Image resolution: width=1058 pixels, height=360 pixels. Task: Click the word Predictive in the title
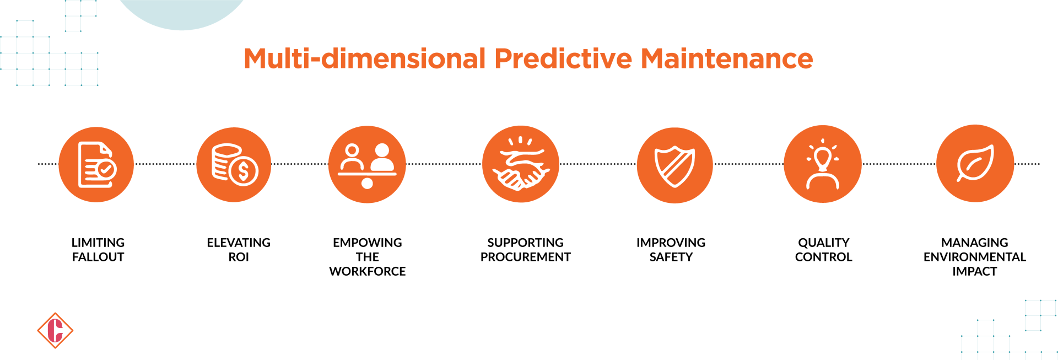pyautogui.click(x=563, y=58)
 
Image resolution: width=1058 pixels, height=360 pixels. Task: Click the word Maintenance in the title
pyautogui.click(x=726, y=58)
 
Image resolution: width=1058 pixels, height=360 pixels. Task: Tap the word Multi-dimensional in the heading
pyautogui.click(x=364, y=58)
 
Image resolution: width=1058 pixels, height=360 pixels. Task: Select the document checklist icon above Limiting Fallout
pyautogui.click(x=96, y=165)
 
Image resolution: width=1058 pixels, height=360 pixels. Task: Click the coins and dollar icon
pyautogui.click(x=234, y=165)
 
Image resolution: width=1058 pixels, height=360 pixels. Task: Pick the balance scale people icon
pyautogui.click(x=367, y=165)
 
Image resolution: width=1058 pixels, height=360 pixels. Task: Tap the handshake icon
pyautogui.click(x=521, y=165)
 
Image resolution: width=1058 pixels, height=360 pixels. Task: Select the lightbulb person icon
pyautogui.click(x=822, y=164)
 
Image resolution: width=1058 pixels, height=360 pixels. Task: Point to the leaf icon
pyautogui.click(x=975, y=163)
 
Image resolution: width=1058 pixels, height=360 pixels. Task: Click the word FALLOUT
pyautogui.click(x=98, y=257)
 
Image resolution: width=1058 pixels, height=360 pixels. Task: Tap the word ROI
pyautogui.click(x=239, y=257)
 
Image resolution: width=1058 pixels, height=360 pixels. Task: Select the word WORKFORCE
pyautogui.click(x=367, y=271)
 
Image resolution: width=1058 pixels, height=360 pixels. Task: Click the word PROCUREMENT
pyautogui.click(x=525, y=257)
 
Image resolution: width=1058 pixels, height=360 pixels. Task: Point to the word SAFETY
pyautogui.click(x=671, y=257)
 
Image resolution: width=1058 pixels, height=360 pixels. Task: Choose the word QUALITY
pyautogui.click(x=823, y=243)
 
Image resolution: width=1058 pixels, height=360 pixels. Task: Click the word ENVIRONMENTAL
pyautogui.click(x=974, y=257)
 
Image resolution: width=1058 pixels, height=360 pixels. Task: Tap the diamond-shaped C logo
pyautogui.click(x=55, y=331)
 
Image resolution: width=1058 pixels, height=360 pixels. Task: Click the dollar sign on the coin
pyautogui.click(x=244, y=171)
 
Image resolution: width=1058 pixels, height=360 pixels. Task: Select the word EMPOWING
pyautogui.click(x=367, y=243)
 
